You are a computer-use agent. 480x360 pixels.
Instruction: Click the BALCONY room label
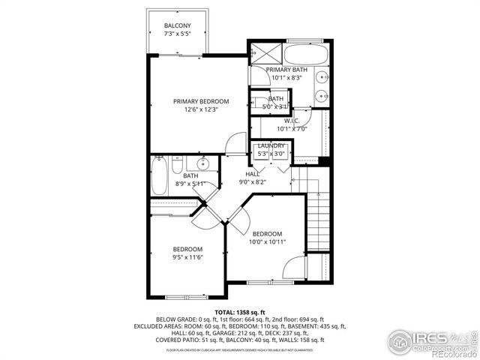coord(177,26)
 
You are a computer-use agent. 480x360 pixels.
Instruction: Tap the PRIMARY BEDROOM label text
coord(201,101)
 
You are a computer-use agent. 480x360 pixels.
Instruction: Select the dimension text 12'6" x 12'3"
coord(201,110)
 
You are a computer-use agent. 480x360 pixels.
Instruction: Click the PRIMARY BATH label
coord(286,69)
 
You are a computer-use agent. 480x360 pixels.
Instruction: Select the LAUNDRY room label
coord(271,145)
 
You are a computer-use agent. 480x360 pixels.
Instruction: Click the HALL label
coord(251,172)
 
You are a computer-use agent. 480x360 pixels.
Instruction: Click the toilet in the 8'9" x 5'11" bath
coord(177,163)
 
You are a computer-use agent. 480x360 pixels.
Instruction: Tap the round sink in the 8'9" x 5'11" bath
coord(202,163)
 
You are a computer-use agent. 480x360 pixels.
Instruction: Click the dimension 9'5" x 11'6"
coord(187,258)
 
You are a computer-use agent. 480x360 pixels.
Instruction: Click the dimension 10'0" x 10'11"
coord(266,242)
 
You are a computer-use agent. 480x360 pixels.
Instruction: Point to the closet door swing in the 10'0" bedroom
coord(295,266)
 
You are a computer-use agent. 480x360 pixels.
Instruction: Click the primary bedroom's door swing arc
coord(236,142)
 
